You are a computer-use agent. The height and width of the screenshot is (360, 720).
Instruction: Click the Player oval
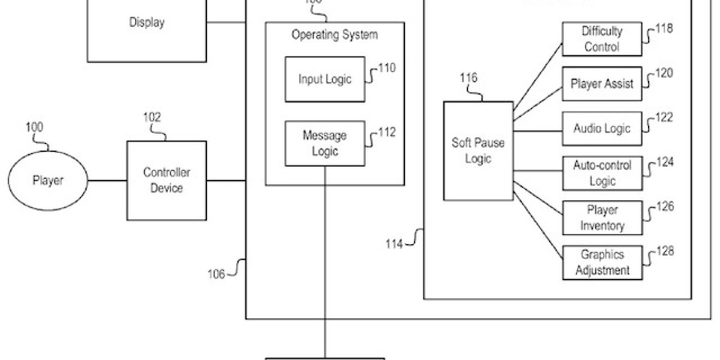click(47, 180)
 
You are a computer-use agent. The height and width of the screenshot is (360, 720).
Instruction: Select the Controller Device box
click(166, 180)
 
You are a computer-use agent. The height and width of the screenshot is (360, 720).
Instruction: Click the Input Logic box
click(325, 79)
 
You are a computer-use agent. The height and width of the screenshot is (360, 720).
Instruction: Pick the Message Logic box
click(325, 143)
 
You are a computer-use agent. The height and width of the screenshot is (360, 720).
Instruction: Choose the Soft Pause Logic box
click(478, 151)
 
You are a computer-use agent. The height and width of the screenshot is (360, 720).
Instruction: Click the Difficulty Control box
click(602, 39)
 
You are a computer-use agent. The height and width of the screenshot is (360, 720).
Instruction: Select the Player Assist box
click(602, 83)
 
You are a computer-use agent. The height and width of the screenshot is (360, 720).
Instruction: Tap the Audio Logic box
click(602, 128)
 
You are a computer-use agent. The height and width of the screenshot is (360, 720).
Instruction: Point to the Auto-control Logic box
click(602, 173)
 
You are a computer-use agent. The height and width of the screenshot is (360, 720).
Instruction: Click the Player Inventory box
click(602, 218)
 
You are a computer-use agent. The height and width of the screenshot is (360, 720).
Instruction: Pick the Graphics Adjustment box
click(602, 263)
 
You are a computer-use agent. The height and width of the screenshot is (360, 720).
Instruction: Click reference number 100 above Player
click(35, 127)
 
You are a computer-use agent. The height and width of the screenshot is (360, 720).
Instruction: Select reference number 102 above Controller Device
click(152, 117)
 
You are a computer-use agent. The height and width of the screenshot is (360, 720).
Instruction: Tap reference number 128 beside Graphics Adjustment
click(665, 251)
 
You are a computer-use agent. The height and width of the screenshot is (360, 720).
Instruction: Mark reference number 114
click(395, 244)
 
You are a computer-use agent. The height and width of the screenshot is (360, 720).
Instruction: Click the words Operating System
click(335, 35)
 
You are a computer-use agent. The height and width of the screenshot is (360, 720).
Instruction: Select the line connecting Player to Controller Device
click(107, 180)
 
